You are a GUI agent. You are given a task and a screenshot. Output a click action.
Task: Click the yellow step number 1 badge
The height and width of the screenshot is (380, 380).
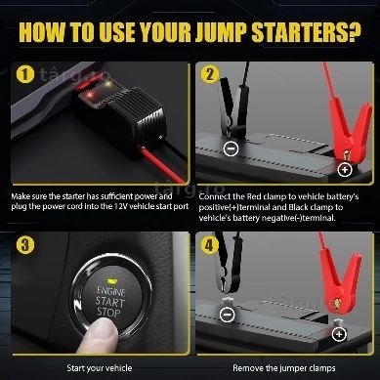pos(25,74)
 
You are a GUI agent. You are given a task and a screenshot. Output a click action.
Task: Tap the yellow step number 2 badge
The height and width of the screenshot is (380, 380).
pos(210,74)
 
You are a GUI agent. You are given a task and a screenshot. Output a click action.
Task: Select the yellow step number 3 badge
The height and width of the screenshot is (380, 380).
pos(25,244)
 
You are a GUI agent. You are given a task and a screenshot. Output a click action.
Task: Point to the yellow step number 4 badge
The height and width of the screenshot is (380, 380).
pos(209,244)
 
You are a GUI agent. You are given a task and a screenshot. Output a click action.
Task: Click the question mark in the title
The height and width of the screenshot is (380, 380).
pos(353,31)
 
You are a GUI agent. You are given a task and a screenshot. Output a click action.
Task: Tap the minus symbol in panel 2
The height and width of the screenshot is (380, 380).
pos(232,148)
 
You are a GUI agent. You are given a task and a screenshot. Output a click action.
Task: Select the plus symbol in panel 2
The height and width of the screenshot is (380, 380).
pos(345,169)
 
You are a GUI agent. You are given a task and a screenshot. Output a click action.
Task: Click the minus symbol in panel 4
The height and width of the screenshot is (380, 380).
pos(227,315)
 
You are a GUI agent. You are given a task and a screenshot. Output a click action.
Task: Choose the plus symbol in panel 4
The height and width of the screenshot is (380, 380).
pos(339,334)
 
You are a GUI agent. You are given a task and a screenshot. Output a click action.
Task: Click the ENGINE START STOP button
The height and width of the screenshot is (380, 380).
pos(110,296)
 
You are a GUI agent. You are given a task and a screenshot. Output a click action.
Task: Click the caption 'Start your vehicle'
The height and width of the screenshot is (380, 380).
pos(100,368)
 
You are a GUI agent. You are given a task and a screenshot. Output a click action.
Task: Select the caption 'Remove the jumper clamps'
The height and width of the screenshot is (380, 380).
pos(284,368)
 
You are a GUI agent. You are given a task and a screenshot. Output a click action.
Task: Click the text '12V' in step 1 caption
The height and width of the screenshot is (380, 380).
pos(121,206)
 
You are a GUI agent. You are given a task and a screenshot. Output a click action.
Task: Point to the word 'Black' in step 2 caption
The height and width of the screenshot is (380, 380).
pos(298,207)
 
